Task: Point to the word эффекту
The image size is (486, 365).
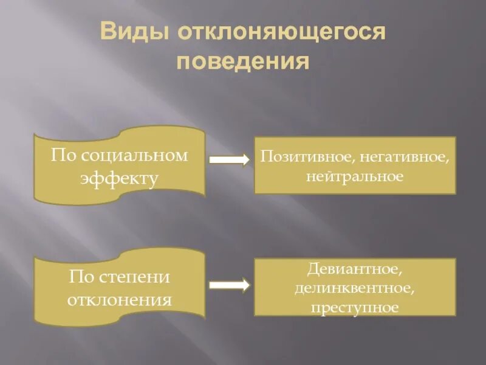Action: [120, 179]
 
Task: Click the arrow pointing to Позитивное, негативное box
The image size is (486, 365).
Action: [229, 160]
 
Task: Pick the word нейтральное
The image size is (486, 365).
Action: [355, 177]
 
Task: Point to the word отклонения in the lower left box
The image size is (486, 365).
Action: [120, 300]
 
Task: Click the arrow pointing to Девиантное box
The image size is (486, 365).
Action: [229, 284]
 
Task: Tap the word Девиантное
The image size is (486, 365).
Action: [354, 268]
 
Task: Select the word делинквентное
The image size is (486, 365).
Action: [354, 287]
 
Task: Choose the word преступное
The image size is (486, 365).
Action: [354, 307]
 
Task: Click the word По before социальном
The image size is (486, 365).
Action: [61, 155]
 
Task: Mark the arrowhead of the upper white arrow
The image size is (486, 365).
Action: [244, 160]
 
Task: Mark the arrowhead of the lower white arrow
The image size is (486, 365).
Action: [244, 284]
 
